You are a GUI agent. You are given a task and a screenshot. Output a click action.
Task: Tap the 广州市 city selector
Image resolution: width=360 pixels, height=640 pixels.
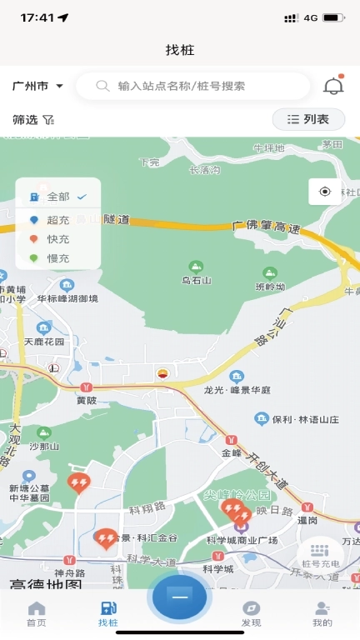(38, 86)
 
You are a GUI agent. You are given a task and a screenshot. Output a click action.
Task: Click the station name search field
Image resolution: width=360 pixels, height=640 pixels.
(192, 86)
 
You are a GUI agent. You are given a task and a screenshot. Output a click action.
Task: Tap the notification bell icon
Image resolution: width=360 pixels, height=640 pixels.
(333, 86)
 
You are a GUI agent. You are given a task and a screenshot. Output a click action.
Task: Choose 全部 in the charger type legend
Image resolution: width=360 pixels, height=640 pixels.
(58, 197)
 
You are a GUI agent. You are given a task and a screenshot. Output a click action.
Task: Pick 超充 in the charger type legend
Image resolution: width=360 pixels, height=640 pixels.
(57, 220)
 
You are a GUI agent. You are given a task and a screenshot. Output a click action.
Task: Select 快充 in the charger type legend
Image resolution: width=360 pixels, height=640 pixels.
(57, 239)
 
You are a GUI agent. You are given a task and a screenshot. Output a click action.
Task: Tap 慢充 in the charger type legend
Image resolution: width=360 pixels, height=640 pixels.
(57, 258)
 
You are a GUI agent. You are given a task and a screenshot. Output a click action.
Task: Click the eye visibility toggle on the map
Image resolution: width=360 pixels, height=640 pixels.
(324, 192)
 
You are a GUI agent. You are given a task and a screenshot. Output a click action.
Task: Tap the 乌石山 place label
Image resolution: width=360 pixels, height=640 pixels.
(196, 280)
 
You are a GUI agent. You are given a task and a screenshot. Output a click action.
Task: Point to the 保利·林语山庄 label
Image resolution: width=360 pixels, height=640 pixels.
(305, 419)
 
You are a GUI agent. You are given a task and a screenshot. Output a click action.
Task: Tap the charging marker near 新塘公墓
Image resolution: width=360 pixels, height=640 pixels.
(78, 482)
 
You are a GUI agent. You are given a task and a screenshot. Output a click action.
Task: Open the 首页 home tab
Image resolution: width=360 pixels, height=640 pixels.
(36, 614)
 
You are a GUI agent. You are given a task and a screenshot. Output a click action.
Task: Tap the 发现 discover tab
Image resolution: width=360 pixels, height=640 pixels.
(251, 614)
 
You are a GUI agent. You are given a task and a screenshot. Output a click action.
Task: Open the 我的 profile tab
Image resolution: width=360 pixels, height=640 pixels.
(322, 614)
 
